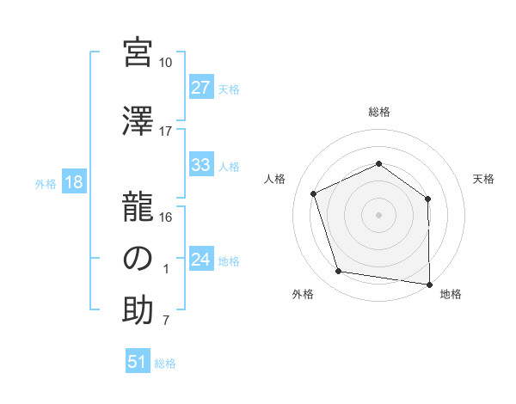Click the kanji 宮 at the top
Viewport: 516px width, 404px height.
[138, 53]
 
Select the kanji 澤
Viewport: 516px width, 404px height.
[138, 121]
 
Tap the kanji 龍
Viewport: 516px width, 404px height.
[138, 206]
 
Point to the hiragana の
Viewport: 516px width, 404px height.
[138, 259]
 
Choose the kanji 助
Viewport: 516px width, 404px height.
[138, 311]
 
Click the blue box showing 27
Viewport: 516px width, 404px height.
[201, 88]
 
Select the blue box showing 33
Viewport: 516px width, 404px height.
[201, 165]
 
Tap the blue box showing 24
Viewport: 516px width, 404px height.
[201, 260]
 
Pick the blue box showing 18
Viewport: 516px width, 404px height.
[73, 182]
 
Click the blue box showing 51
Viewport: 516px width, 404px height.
[138, 362]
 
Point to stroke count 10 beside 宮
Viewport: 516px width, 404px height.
[166, 63]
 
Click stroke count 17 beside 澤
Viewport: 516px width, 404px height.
[166, 132]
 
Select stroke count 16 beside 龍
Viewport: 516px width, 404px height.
[166, 217]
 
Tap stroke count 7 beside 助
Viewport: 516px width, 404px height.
[166, 321]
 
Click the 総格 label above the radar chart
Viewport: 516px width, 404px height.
[378, 113]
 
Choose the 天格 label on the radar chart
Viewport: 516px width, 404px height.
[483, 179]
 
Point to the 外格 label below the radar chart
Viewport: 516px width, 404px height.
[303, 294]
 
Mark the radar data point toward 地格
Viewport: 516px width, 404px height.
[429, 284]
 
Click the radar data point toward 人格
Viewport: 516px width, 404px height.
[314, 193]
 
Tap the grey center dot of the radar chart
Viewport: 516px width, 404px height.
[378, 214]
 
